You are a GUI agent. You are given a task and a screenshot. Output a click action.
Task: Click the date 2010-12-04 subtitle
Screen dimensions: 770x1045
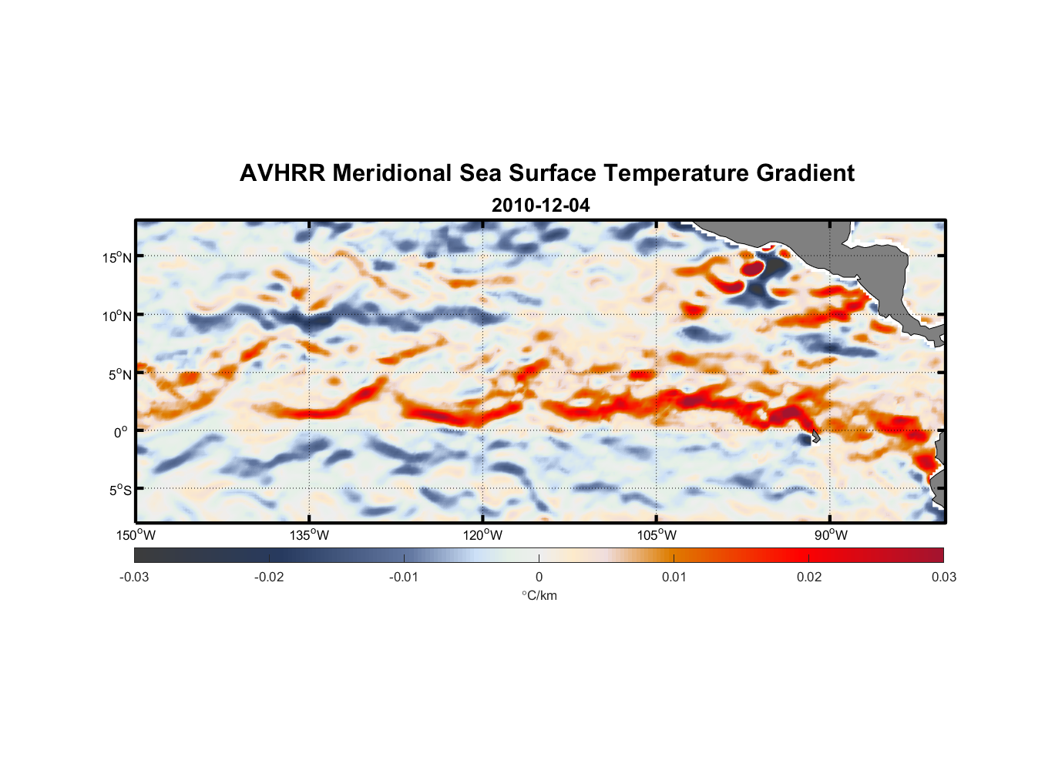[540, 206]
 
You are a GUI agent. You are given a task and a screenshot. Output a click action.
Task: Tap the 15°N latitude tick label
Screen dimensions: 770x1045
[117, 257]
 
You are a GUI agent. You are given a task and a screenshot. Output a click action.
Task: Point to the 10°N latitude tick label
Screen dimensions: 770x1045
[117, 316]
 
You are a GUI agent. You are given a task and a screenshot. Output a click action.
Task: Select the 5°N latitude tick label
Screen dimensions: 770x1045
[119, 374]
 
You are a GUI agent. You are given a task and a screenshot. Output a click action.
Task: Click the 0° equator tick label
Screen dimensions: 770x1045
[121, 433]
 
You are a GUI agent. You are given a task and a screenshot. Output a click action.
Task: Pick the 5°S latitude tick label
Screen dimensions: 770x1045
[119, 490]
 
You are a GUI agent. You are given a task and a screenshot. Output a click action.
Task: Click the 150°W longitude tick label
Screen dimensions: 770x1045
[136, 535]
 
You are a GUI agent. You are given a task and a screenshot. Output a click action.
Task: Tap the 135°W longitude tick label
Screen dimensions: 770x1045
[310, 535]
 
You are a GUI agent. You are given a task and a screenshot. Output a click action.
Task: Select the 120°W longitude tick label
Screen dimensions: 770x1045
[483, 535]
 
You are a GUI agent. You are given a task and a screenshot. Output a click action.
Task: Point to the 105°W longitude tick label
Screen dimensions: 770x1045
[657, 535]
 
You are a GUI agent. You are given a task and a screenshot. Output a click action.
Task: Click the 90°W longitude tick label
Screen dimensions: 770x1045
[831, 535]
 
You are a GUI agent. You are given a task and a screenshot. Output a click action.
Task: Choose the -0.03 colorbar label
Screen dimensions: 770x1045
[134, 577]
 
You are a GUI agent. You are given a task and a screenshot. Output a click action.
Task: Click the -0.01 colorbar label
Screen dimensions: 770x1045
[404, 577]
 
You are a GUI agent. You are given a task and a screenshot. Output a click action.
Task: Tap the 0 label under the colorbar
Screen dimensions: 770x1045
[539, 577]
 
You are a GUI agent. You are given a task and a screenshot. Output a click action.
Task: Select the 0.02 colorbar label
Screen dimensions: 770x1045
[809, 577]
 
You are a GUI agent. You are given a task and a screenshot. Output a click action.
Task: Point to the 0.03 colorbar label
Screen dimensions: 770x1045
[943, 577]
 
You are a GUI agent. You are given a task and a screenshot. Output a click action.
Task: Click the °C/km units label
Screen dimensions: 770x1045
[539, 595]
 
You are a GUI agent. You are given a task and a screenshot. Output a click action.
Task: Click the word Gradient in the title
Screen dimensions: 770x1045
[805, 173]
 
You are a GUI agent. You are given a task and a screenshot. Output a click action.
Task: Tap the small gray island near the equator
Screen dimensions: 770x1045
[815, 436]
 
